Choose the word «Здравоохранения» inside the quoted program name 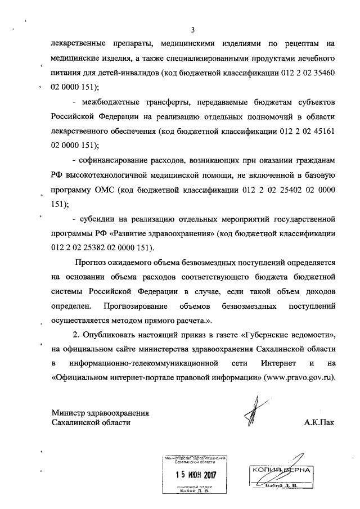[x=181, y=233]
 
